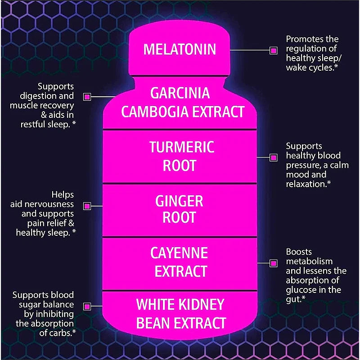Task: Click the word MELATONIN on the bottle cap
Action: [x=180, y=49]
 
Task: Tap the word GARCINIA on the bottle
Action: [x=180, y=93]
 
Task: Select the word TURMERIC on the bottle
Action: [x=182, y=147]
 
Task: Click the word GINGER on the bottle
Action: [x=180, y=201]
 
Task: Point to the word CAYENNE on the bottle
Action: [x=179, y=253]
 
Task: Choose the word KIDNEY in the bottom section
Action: [x=202, y=305]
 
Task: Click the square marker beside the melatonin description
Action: [x=273, y=50]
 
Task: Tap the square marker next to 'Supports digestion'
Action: [x=87, y=96]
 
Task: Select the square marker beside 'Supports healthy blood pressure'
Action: [x=273, y=157]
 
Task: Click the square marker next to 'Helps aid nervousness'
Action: [x=87, y=206]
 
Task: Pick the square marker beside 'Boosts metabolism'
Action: [x=273, y=263]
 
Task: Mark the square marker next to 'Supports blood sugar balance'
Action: [x=87, y=306]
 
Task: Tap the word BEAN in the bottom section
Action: [x=153, y=323]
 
